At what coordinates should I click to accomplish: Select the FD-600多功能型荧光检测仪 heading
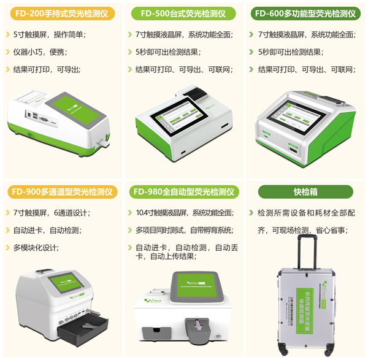[305, 13]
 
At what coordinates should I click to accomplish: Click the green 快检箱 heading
[305, 192]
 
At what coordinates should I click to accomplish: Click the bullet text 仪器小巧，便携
[44, 52]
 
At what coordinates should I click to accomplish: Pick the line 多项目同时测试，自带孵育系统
[185, 231]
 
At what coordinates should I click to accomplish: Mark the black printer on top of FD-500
[197, 93]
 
